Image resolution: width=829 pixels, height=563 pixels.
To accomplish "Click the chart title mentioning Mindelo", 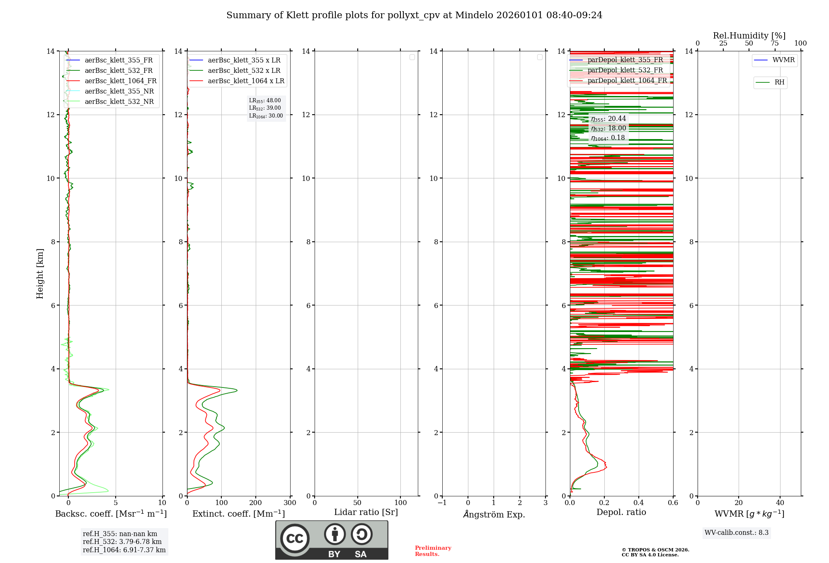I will (414, 15).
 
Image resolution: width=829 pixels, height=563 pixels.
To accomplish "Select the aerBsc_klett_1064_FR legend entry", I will (120, 81).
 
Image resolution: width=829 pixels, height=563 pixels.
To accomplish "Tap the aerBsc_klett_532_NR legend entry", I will (119, 102).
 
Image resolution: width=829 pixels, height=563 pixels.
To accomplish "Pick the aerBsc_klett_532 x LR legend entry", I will (244, 71).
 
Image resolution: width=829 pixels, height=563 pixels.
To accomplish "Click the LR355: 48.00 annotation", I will (265, 101).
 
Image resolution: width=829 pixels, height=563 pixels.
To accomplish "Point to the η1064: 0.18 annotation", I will (608, 138).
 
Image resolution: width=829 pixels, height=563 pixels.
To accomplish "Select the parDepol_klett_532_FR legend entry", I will (625, 70).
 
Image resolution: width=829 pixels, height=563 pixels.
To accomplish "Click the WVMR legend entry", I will (783, 60).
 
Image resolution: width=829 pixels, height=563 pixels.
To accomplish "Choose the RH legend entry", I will (779, 82).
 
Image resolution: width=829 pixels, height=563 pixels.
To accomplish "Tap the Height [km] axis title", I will (40, 274).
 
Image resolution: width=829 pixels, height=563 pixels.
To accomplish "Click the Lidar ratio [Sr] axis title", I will (366, 512).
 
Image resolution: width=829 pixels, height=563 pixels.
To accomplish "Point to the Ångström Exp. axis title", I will (494, 515).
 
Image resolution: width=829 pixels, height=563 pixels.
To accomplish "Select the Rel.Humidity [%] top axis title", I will (749, 36).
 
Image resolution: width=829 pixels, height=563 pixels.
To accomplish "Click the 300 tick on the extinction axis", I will (290, 503).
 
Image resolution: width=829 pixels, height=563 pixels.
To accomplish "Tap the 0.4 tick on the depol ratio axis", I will (639, 503).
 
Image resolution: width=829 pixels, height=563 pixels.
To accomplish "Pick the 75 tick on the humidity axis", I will (774, 43).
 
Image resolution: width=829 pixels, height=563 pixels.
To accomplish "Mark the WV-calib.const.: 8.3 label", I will (737, 533).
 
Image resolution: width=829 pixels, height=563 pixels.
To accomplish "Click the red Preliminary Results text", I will (433, 551).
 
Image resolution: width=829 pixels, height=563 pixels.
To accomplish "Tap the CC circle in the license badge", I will (295, 539).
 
